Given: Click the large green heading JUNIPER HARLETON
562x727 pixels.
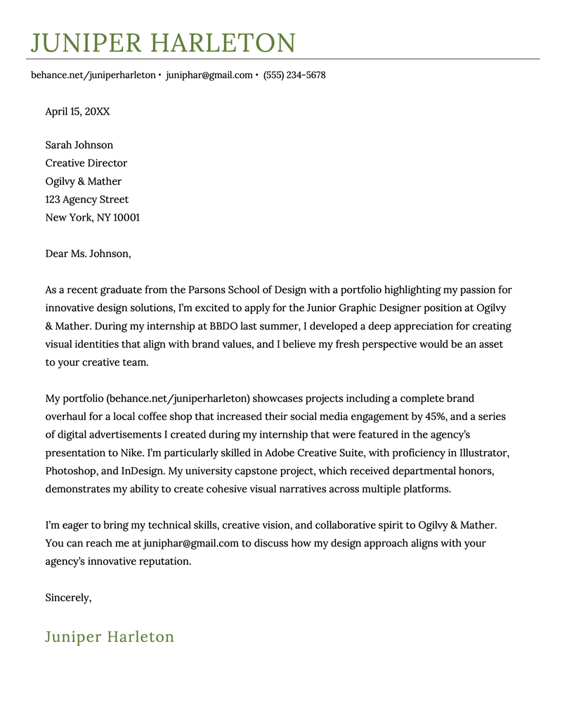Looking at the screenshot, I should point(162,43).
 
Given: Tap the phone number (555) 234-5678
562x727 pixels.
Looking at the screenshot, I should point(294,75).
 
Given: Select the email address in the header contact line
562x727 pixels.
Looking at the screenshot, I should point(209,75).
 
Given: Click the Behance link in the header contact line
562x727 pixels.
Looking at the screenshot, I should point(93,75).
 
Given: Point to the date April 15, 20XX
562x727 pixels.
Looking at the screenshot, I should point(77,112).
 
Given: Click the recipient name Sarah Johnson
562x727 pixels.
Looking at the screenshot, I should point(79,145).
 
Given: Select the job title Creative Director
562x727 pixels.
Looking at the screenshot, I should point(86,163).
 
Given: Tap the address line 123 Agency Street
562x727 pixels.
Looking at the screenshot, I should point(87,199).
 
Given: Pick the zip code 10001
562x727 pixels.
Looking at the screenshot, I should point(126,218).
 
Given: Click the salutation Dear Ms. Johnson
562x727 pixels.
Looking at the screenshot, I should point(88,254).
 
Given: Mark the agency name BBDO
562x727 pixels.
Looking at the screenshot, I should point(224,326).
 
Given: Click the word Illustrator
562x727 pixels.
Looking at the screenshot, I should point(485,453).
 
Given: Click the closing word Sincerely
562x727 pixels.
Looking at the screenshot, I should point(68,598).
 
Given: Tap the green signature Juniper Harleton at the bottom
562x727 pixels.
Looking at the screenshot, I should point(110,637).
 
